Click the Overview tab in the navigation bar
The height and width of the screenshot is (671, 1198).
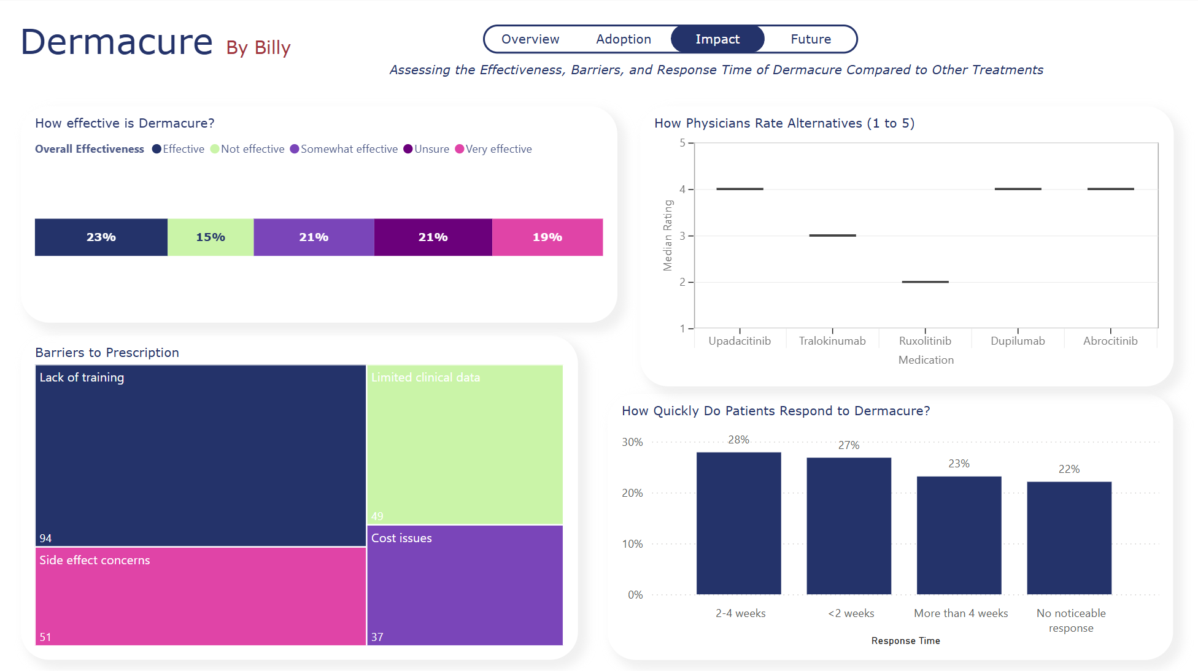coord(530,39)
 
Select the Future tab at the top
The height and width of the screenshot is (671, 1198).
coord(810,39)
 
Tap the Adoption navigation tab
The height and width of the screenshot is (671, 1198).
coord(624,39)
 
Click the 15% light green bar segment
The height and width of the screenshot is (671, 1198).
coord(211,237)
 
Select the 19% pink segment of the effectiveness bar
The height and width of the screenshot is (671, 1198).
coord(547,237)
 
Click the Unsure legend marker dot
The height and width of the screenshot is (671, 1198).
coord(408,149)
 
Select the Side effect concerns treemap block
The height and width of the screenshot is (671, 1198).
coord(200,596)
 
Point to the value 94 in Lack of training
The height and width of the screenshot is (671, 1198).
coord(45,538)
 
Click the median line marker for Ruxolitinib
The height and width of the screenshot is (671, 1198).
coord(925,282)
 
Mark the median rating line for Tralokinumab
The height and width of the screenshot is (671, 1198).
coord(832,236)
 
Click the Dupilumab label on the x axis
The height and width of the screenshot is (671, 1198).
coord(1018,341)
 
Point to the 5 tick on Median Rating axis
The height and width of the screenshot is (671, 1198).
coord(682,143)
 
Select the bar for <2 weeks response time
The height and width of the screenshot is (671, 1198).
coord(849,526)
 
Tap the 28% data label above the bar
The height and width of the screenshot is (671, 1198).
coord(738,440)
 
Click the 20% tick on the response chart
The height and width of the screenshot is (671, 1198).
coord(632,493)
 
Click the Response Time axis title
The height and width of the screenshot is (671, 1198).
coord(905,641)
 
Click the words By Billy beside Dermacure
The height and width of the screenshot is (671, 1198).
coord(258,48)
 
